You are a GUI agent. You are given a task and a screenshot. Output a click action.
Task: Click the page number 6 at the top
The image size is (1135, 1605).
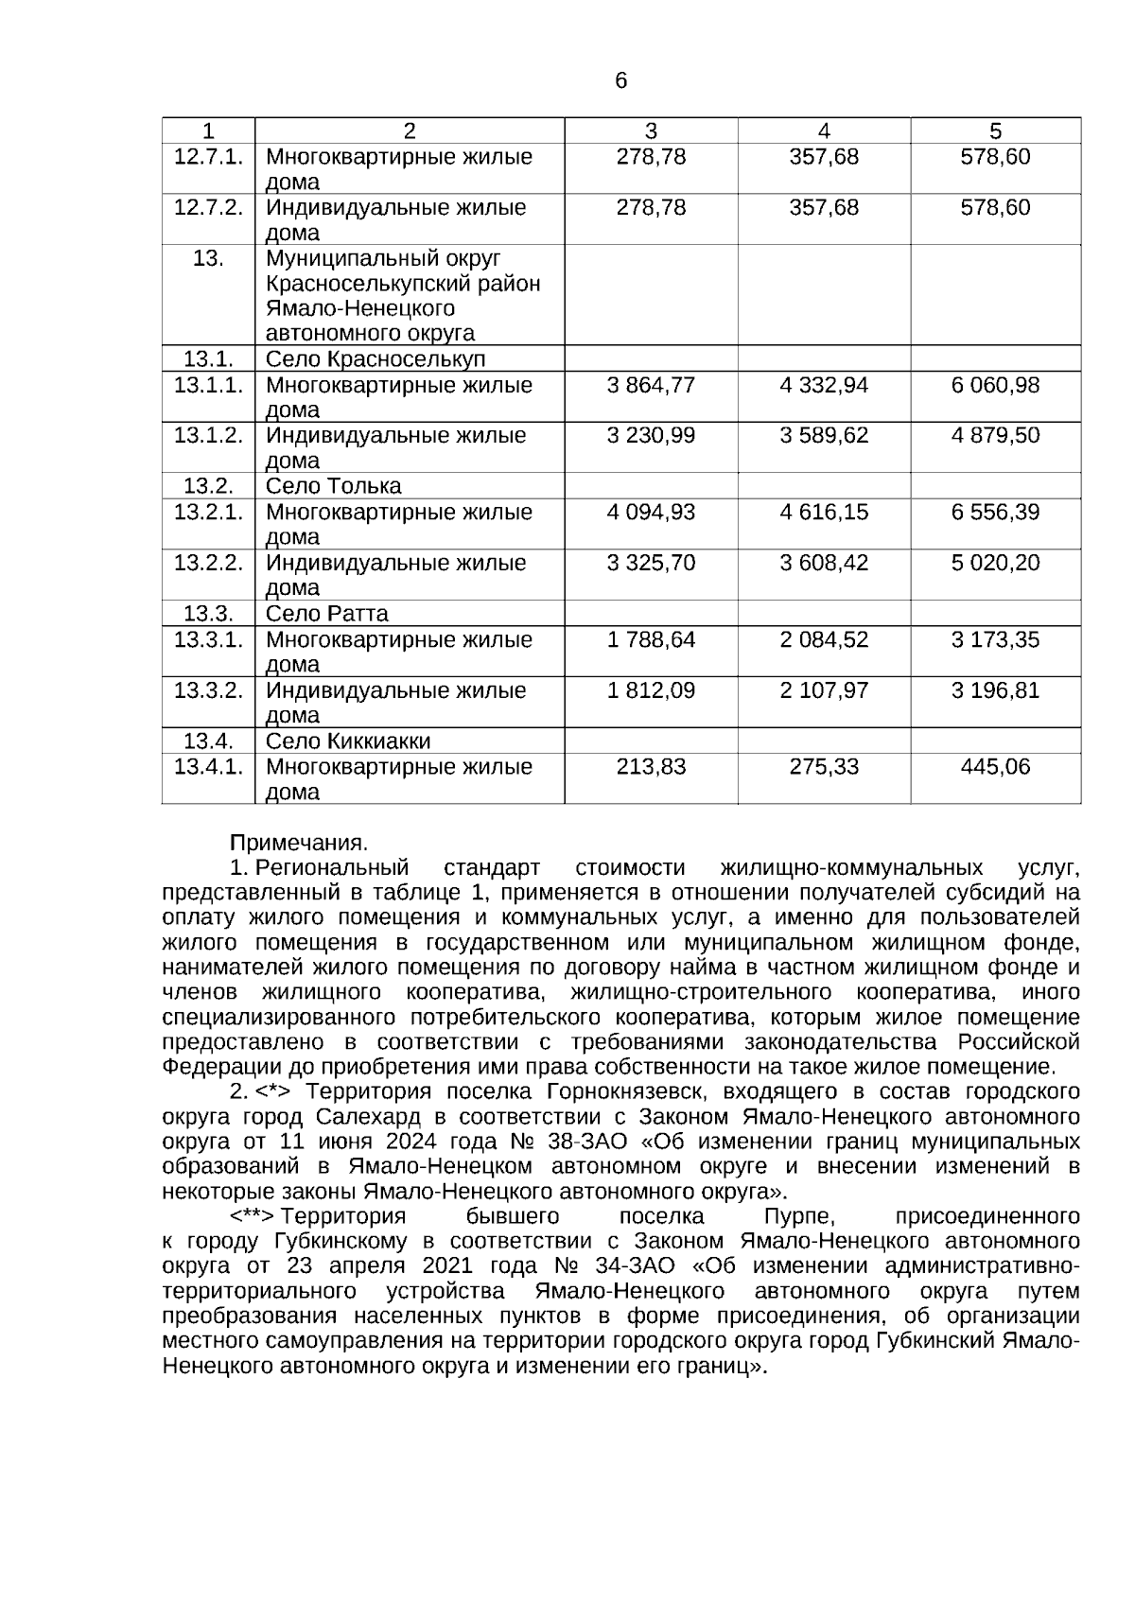tap(620, 81)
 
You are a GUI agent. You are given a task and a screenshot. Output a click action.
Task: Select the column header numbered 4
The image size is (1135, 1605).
tap(824, 131)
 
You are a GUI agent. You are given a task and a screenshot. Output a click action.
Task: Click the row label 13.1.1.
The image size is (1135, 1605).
tap(208, 385)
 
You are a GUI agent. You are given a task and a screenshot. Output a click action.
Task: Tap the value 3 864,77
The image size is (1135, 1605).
tap(651, 385)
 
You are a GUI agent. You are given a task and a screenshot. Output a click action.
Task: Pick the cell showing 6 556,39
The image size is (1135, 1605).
tap(995, 512)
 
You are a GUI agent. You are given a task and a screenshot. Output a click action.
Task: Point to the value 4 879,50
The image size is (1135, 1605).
tap(995, 435)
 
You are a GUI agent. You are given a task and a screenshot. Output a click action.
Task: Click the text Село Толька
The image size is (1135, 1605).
tap(333, 486)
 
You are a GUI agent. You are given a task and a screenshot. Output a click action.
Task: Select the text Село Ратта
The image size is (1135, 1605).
tap(326, 613)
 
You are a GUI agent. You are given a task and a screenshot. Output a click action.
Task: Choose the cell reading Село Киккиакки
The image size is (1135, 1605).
tap(347, 741)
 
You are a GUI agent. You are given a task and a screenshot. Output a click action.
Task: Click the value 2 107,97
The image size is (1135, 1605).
tap(824, 690)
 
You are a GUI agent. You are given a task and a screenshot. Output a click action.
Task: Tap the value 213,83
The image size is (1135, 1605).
tap(651, 766)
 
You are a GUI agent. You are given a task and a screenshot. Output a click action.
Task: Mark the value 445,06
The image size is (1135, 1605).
tap(995, 766)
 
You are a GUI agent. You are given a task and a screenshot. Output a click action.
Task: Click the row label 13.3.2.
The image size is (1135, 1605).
tap(208, 690)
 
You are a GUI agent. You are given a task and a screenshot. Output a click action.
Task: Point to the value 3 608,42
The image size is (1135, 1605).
tap(824, 563)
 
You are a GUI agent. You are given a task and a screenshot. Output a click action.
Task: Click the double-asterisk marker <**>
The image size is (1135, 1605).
tap(253, 1216)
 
